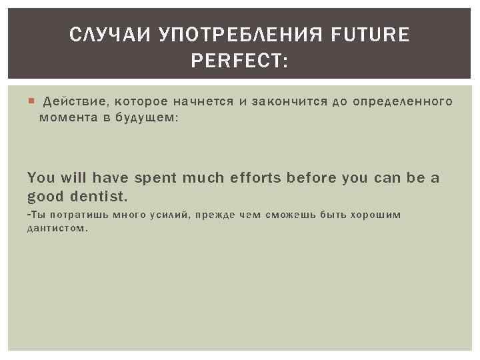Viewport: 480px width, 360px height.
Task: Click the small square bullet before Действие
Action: coord(31,102)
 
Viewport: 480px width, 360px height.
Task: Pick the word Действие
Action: coord(71,101)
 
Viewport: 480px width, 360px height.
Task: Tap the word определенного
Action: coord(403,101)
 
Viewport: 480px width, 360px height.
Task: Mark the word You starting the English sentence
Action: coord(41,178)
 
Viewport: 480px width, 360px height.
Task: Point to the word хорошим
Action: coord(381,215)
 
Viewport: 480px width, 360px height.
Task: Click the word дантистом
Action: coord(57,228)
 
